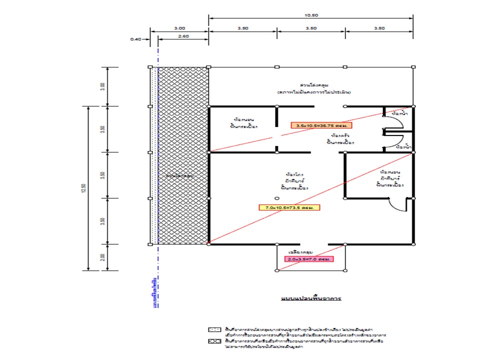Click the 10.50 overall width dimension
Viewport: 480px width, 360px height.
tap(310, 15)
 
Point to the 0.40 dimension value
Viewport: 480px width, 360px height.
tap(135, 38)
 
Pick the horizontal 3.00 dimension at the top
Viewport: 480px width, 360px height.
tap(179, 28)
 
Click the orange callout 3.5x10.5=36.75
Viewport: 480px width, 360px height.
tap(315, 125)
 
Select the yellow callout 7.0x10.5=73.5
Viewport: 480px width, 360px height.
tap(289, 207)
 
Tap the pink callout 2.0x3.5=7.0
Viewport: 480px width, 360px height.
tap(309, 259)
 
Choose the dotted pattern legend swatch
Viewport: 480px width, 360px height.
tap(214, 330)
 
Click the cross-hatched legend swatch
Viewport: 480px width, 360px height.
tap(214, 341)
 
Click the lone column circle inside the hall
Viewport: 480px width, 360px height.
tap(277, 198)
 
